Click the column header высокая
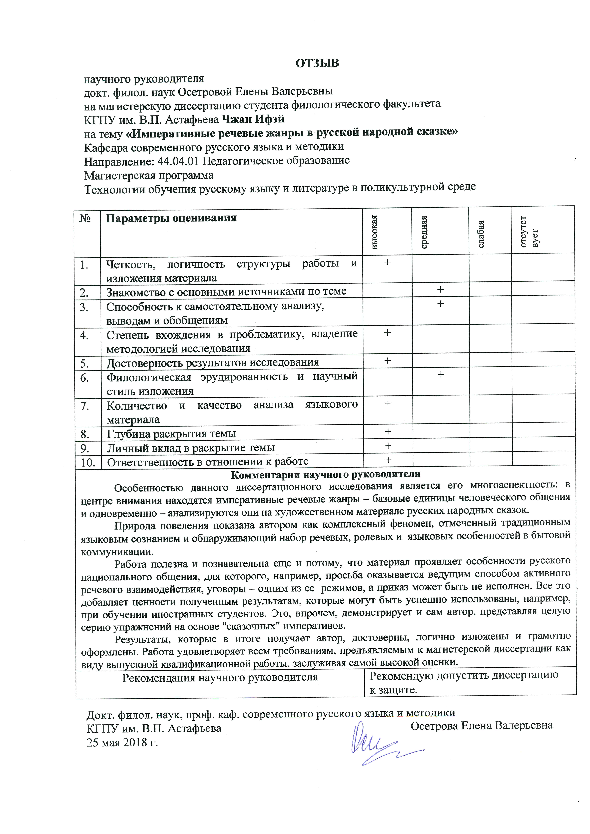tap(375, 232)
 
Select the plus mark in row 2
tap(440, 289)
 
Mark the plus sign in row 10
tap(388, 460)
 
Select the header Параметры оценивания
tap(171, 218)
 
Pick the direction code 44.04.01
tap(178, 161)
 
